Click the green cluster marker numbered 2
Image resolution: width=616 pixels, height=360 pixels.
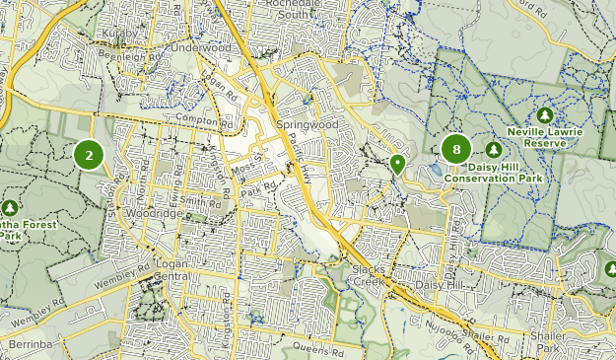coord(89,155)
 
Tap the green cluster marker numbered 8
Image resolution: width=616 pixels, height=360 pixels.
coord(455,150)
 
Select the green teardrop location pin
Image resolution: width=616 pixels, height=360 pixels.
coord(397,163)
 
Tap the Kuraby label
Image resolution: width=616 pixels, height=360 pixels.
coord(119,33)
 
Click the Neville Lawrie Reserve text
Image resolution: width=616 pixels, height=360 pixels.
coord(545,137)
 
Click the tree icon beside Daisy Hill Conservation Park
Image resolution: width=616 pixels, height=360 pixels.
coord(493,149)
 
